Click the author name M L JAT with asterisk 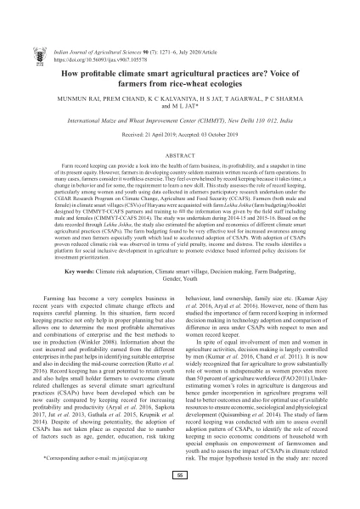(x=180, y=82)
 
